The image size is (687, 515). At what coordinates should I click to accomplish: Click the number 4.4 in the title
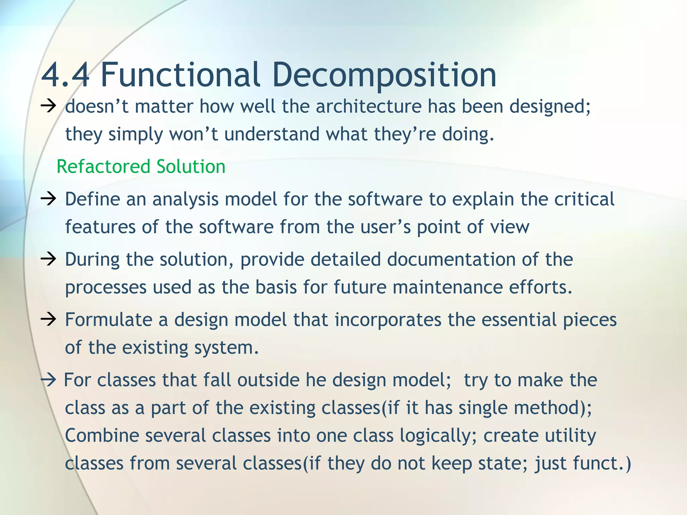click(x=65, y=75)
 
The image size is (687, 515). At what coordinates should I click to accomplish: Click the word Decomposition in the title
click(x=384, y=75)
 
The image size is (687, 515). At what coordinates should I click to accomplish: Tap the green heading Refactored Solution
click(x=141, y=167)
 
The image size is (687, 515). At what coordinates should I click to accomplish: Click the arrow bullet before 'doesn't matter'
click(x=48, y=107)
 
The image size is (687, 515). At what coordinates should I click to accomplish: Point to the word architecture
click(x=368, y=107)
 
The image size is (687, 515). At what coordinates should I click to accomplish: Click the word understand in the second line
click(x=272, y=134)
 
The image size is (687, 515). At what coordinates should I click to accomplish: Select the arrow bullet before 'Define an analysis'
click(x=48, y=199)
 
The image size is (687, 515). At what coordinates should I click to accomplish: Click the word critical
click(x=584, y=199)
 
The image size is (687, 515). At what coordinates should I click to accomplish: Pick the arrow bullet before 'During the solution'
click(x=48, y=260)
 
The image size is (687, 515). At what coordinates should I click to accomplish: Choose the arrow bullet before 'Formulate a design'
click(x=48, y=320)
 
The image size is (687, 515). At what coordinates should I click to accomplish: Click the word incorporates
click(x=388, y=320)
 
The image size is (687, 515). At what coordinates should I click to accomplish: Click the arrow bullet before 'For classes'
click(x=48, y=381)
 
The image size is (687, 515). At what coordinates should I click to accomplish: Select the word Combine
click(x=102, y=436)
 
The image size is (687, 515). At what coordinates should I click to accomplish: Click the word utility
click(x=570, y=436)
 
